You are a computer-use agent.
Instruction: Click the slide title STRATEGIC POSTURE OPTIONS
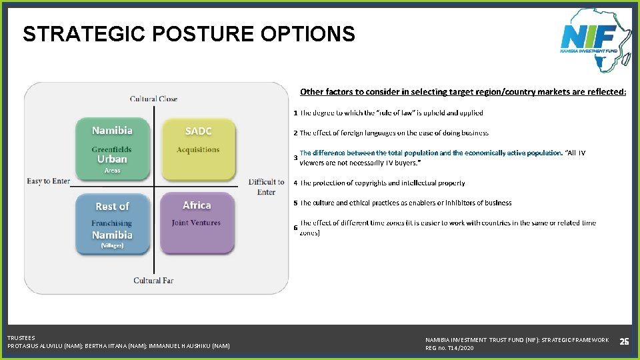pyautogui.click(x=189, y=34)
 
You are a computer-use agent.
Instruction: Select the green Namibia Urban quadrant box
pyautogui.click(x=112, y=149)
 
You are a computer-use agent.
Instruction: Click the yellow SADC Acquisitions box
pyautogui.click(x=198, y=149)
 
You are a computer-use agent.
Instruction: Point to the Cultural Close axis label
pyautogui.click(x=153, y=99)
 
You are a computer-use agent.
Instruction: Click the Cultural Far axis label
pyautogui.click(x=153, y=281)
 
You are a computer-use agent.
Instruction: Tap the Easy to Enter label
pyautogui.click(x=48, y=181)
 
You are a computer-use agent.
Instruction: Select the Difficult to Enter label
pyautogui.click(x=266, y=187)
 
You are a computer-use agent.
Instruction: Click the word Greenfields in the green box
pyautogui.click(x=112, y=149)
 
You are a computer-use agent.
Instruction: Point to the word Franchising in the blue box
pyautogui.click(x=112, y=223)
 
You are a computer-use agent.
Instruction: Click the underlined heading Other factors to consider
pyautogui.click(x=463, y=91)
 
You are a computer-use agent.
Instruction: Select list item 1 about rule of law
pyautogui.click(x=391, y=113)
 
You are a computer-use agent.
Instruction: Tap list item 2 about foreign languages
pyautogui.click(x=394, y=133)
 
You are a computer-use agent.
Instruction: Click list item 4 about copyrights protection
pyautogui.click(x=382, y=183)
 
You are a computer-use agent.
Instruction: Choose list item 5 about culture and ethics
pyautogui.click(x=405, y=203)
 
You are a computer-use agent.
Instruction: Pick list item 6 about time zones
pyautogui.click(x=447, y=227)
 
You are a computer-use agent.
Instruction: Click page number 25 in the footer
pyautogui.click(x=624, y=341)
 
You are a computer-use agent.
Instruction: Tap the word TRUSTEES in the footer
pyautogui.click(x=21, y=338)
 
